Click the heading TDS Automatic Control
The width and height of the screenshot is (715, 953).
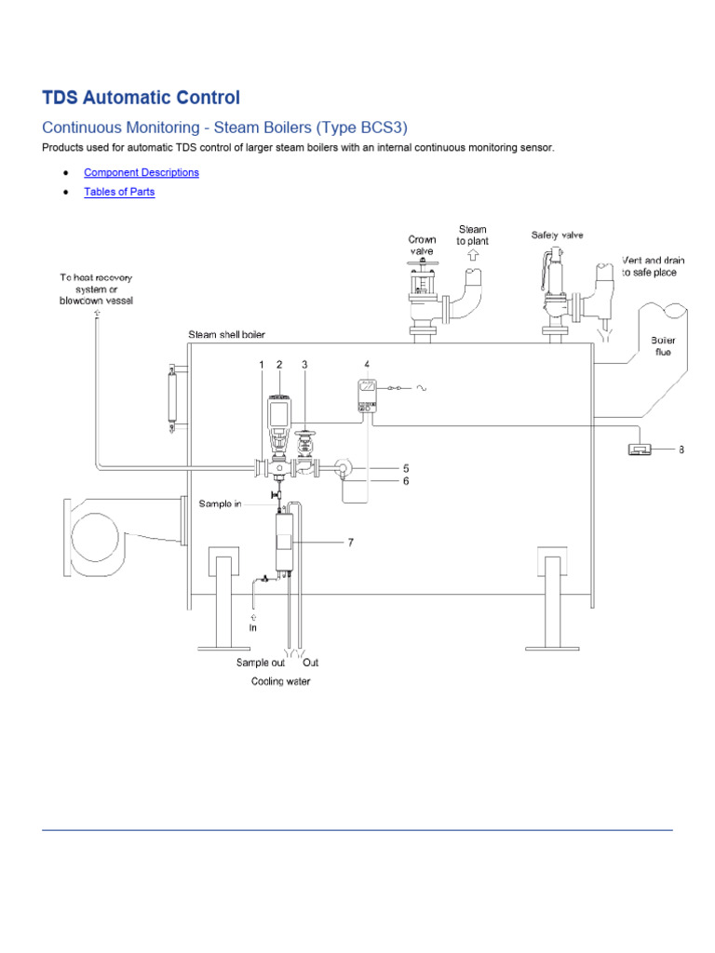click(141, 98)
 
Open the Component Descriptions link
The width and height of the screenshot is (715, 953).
click(142, 172)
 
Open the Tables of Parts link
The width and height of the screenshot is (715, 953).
click(119, 192)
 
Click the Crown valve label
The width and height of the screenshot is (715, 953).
click(422, 246)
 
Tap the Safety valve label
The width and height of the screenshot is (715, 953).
click(557, 235)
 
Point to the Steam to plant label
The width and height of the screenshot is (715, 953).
click(472, 235)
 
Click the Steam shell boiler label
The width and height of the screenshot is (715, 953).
click(233, 335)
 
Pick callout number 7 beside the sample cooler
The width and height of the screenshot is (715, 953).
click(351, 542)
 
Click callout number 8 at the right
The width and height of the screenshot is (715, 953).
click(681, 450)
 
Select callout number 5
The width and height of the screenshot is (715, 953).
click(406, 468)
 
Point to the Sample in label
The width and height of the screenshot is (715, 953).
click(220, 503)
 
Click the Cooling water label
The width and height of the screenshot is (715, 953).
click(280, 682)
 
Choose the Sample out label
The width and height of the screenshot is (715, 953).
click(260, 664)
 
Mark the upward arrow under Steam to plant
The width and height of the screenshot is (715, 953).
click(473, 254)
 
